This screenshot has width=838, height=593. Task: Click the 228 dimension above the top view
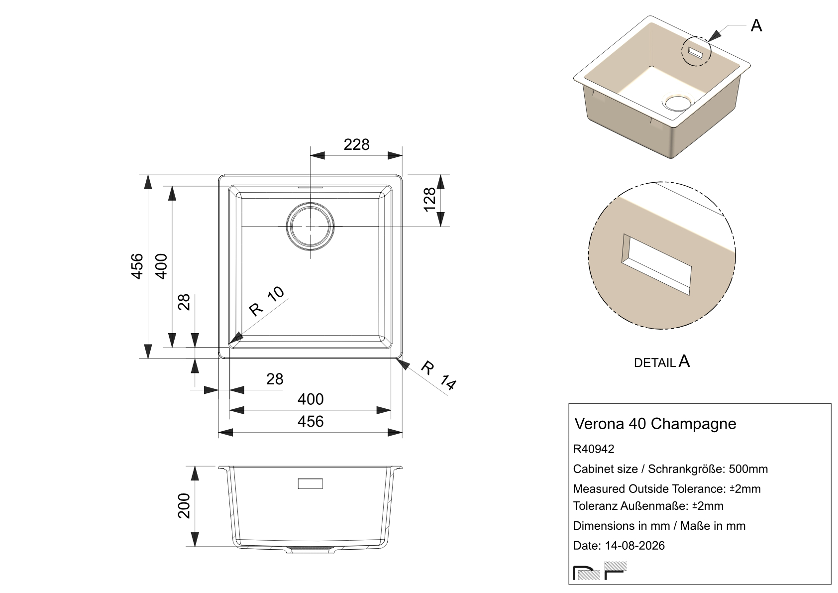pos(356,144)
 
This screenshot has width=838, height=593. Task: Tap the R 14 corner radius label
pos(438,375)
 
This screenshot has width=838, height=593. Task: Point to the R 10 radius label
pos(267,301)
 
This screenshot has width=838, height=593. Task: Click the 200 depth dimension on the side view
pos(184,506)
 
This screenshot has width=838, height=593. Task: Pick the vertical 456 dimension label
pos(137,266)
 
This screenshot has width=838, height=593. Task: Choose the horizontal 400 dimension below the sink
pos(311,399)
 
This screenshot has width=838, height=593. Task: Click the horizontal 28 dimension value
pos(275,379)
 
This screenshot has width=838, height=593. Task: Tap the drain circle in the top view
pos(310,227)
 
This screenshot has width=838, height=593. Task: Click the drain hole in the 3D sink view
pos(678,102)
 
